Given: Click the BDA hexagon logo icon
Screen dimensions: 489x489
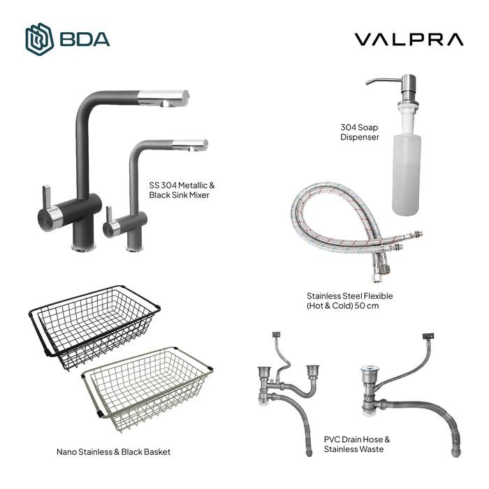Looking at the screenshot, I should pyautogui.click(x=39, y=39).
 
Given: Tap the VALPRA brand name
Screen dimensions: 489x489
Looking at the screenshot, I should pyautogui.click(x=409, y=40).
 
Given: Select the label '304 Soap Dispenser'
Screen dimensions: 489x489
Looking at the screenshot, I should pyautogui.click(x=360, y=133).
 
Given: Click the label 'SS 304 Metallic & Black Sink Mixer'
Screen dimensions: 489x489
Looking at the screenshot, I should pyautogui.click(x=182, y=190).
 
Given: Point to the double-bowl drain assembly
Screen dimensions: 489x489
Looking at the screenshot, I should pyautogui.click(x=286, y=391).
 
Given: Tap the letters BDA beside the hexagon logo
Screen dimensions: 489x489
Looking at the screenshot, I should pyautogui.click(x=85, y=39).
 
